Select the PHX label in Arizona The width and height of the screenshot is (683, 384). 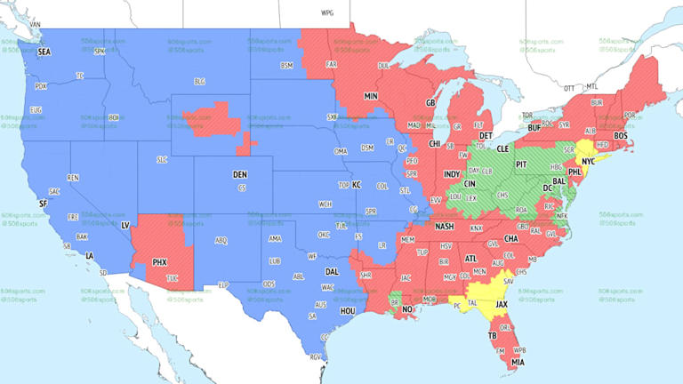(159, 262)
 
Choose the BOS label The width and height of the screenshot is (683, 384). (620, 134)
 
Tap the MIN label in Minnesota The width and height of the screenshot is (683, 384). (371, 95)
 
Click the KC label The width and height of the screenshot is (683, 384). (357, 184)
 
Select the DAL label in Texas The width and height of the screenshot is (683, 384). (332, 272)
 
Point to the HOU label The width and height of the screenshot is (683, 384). (348, 310)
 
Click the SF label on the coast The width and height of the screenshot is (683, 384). (42, 204)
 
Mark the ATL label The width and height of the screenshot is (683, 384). (470, 258)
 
